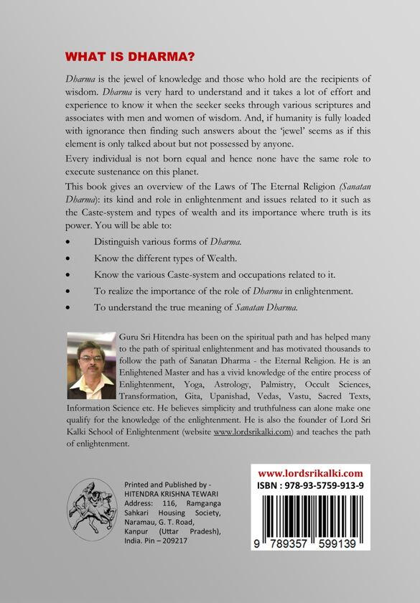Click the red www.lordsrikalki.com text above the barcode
click(x=310, y=474)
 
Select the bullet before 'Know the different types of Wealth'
click(x=68, y=258)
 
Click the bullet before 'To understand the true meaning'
click(x=68, y=307)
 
